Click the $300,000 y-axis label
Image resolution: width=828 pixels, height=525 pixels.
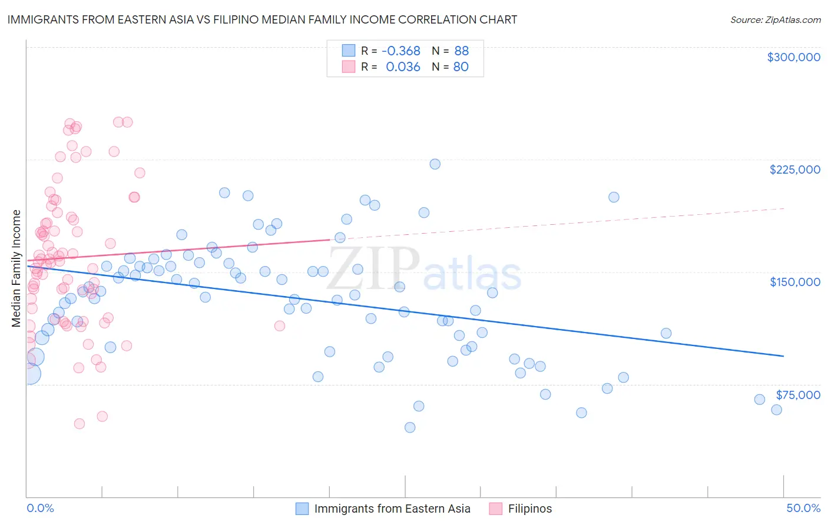click(793, 57)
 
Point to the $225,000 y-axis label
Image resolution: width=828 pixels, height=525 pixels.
click(794, 170)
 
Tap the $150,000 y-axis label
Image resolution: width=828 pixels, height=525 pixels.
click(794, 282)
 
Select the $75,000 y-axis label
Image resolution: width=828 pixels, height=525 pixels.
click(797, 395)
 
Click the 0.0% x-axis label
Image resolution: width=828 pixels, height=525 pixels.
click(40, 508)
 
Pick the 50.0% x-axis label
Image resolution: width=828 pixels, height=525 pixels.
click(803, 508)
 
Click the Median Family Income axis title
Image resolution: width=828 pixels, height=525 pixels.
click(16, 268)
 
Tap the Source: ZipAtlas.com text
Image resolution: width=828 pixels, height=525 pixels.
click(775, 20)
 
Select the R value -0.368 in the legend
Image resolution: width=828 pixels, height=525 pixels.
click(400, 51)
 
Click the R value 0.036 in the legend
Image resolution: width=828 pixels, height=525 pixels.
click(403, 67)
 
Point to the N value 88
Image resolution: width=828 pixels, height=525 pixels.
click(461, 51)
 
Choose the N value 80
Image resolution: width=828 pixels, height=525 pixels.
click(461, 67)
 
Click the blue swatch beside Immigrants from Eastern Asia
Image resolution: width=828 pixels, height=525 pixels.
click(302, 509)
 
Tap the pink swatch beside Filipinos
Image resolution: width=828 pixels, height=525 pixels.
click(496, 509)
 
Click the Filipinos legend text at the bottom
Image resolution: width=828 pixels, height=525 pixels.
click(530, 509)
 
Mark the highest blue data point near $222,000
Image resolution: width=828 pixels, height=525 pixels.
click(435, 164)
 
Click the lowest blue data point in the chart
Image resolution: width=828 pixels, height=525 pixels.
click(410, 427)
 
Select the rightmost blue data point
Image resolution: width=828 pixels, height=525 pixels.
click(776, 410)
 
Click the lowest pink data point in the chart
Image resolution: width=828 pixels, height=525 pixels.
click(80, 424)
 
